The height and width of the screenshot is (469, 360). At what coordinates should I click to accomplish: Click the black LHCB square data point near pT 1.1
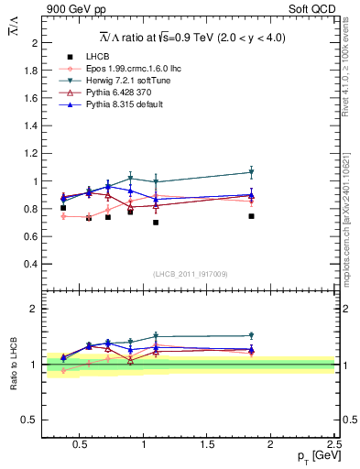click(x=156, y=223)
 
